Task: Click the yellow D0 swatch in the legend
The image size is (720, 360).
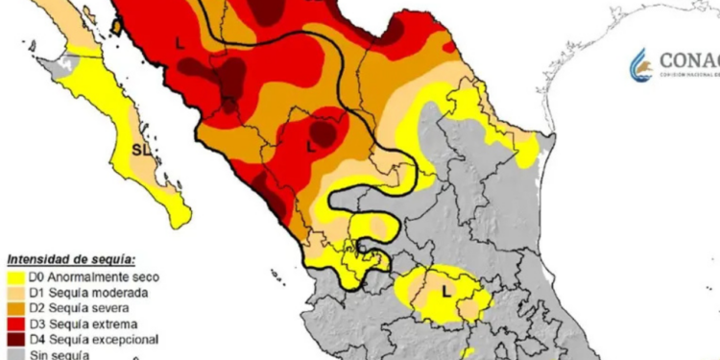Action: coord(17,276)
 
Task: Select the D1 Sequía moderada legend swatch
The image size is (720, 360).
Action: coord(17,292)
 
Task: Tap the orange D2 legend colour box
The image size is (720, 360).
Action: coord(17,307)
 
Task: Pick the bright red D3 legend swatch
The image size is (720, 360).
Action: coord(17,324)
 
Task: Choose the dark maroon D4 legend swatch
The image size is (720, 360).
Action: coord(17,339)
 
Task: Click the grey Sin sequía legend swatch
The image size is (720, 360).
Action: coord(17,354)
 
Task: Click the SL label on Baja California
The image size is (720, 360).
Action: coord(140,151)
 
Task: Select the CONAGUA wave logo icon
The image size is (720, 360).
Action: coord(640,64)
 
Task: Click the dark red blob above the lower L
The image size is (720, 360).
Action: coord(324,132)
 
